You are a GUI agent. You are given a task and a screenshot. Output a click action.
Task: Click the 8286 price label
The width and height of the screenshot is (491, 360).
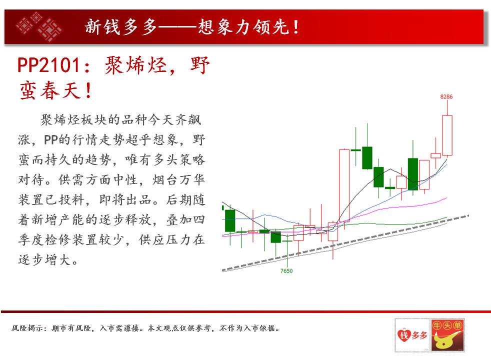pyautogui.click(x=446, y=96)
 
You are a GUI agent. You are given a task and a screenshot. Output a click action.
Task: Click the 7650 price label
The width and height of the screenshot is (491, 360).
pyautogui.click(x=286, y=271)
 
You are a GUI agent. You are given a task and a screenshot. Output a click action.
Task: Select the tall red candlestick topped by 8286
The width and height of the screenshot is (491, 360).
pyautogui.click(x=447, y=135)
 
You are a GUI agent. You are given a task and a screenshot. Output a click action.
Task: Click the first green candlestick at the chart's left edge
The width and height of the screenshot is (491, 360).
pyautogui.click(x=230, y=220)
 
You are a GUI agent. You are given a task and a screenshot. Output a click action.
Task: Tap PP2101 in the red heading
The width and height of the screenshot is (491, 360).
pyautogui.click(x=48, y=65)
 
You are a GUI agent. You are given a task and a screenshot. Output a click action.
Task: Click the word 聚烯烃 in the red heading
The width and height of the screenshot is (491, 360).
pyautogui.click(x=135, y=65)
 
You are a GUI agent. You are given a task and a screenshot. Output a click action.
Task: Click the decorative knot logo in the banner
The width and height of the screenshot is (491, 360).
pyautogui.click(x=39, y=26)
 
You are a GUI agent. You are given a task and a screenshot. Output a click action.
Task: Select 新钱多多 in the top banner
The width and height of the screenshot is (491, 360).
pyautogui.click(x=121, y=27)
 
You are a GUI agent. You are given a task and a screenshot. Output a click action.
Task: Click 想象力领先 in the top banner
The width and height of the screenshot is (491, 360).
pyautogui.click(x=243, y=27)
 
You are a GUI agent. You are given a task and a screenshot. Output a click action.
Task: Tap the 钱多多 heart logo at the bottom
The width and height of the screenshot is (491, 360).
pyautogui.click(x=412, y=335)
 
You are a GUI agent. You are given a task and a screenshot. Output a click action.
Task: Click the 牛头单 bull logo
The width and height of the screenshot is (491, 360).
pyautogui.click(x=447, y=335)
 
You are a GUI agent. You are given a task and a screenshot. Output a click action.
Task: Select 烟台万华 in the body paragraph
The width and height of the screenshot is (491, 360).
pyautogui.click(x=178, y=179)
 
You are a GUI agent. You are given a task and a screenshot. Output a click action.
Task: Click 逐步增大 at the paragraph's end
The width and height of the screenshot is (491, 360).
pyautogui.click(x=44, y=260)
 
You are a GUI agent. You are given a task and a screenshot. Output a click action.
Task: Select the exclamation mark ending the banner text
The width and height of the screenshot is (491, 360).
pyautogui.click(x=295, y=27)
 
